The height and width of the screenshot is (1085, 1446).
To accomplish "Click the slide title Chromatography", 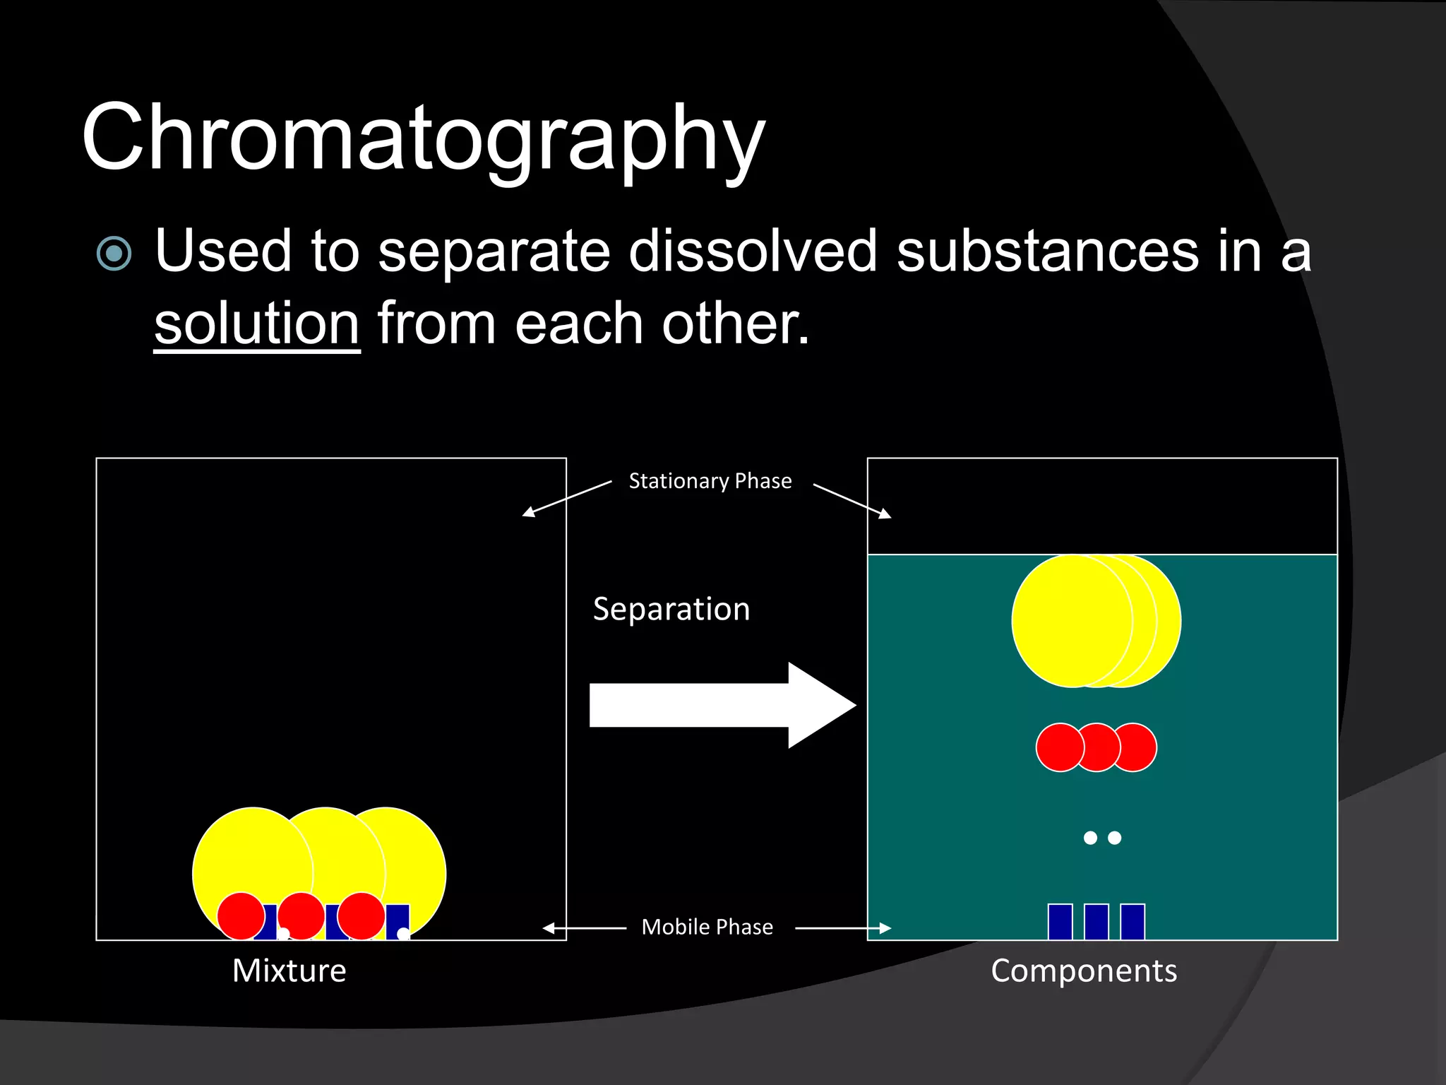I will tap(424, 138).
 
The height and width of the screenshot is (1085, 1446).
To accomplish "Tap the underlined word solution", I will tap(257, 324).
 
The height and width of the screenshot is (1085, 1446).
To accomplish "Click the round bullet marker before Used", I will tap(114, 254).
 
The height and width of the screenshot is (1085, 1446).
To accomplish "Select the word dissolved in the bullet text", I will tap(753, 251).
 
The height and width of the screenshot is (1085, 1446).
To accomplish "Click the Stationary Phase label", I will tap(710, 481).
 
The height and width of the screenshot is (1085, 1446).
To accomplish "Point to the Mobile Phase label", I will tap(707, 927).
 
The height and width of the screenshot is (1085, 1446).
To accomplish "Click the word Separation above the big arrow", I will tap(671, 609).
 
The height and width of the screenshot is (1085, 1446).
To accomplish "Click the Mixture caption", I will tap(289, 971).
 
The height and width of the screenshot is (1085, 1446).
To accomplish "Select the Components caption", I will tap(1084, 971).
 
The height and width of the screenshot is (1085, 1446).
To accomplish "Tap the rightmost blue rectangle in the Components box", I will tap(1133, 921).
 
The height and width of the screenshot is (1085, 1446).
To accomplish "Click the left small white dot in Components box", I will tap(1090, 838).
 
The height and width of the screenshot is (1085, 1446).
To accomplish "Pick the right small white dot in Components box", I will tap(1115, 838).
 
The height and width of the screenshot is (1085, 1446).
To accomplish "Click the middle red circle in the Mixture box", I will tap(301, 916).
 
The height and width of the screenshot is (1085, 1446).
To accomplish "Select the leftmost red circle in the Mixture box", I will tap(241, 916).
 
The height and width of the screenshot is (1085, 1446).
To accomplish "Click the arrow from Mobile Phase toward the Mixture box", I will tap(585, 928).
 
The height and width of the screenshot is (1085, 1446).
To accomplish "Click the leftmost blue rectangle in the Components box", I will tap(1060, 921).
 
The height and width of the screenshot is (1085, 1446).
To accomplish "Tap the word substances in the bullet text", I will tap(1047, 251).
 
